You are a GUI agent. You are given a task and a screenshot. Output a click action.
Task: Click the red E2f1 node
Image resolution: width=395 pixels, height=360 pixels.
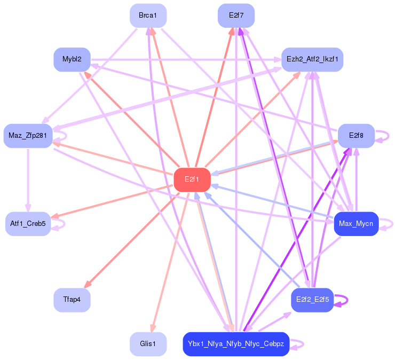[x=192, y=179]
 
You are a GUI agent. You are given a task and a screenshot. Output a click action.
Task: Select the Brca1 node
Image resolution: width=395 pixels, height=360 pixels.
[x=148, y=15]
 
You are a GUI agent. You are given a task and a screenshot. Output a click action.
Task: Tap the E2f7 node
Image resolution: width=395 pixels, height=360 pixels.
[x=236, y=15]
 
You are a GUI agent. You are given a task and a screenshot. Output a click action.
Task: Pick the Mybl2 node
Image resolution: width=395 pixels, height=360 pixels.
[x=72, y=59]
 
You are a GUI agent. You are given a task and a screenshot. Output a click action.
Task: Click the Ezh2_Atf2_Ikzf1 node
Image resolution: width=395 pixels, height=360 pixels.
[x=312, y=59]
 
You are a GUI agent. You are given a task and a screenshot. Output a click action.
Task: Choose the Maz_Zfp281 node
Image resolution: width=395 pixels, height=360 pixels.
[x=28, y=136]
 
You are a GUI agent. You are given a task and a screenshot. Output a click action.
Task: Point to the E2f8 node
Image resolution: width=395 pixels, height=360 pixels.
[x=356, y=136]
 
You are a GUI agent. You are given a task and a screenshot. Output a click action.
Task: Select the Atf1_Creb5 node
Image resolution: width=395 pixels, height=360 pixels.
[x=28, y=224]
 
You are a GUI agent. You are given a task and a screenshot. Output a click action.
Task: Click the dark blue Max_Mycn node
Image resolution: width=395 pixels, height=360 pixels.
[x=356, y=224]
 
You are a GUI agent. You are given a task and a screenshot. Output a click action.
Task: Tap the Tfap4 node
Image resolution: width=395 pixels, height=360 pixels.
[x=72, y=300]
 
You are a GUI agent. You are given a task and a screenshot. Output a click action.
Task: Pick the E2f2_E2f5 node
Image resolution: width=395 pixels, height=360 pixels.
[x=312, y=300]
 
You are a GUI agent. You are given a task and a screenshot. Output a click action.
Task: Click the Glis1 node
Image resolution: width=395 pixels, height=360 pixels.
[x=148, y=344]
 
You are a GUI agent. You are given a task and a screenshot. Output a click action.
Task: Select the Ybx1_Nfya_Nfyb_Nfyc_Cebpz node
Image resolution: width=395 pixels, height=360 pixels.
[x=236, y=344]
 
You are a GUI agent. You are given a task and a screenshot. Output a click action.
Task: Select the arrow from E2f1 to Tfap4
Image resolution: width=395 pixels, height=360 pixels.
[x=131, y=240]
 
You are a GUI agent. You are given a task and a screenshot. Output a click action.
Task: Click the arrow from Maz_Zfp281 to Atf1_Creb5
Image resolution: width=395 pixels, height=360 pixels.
[x=28, y=180]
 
